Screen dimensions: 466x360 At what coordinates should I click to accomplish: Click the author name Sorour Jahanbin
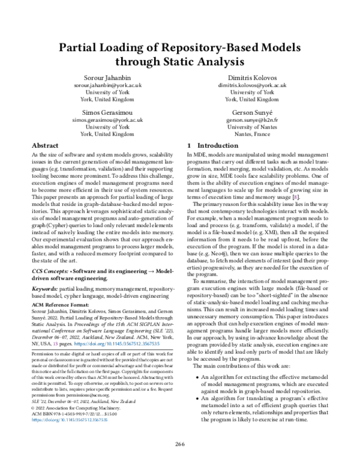pyautogui.click(x=107, y=78)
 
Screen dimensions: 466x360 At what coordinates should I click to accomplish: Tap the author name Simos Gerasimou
pyautogui.click(x=107, y=112)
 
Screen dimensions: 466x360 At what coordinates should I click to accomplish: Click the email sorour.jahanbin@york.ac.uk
pyautogui.click(x=107, y=86)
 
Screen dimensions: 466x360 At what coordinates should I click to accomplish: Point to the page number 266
pyautogui.click(x=180, y=444)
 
